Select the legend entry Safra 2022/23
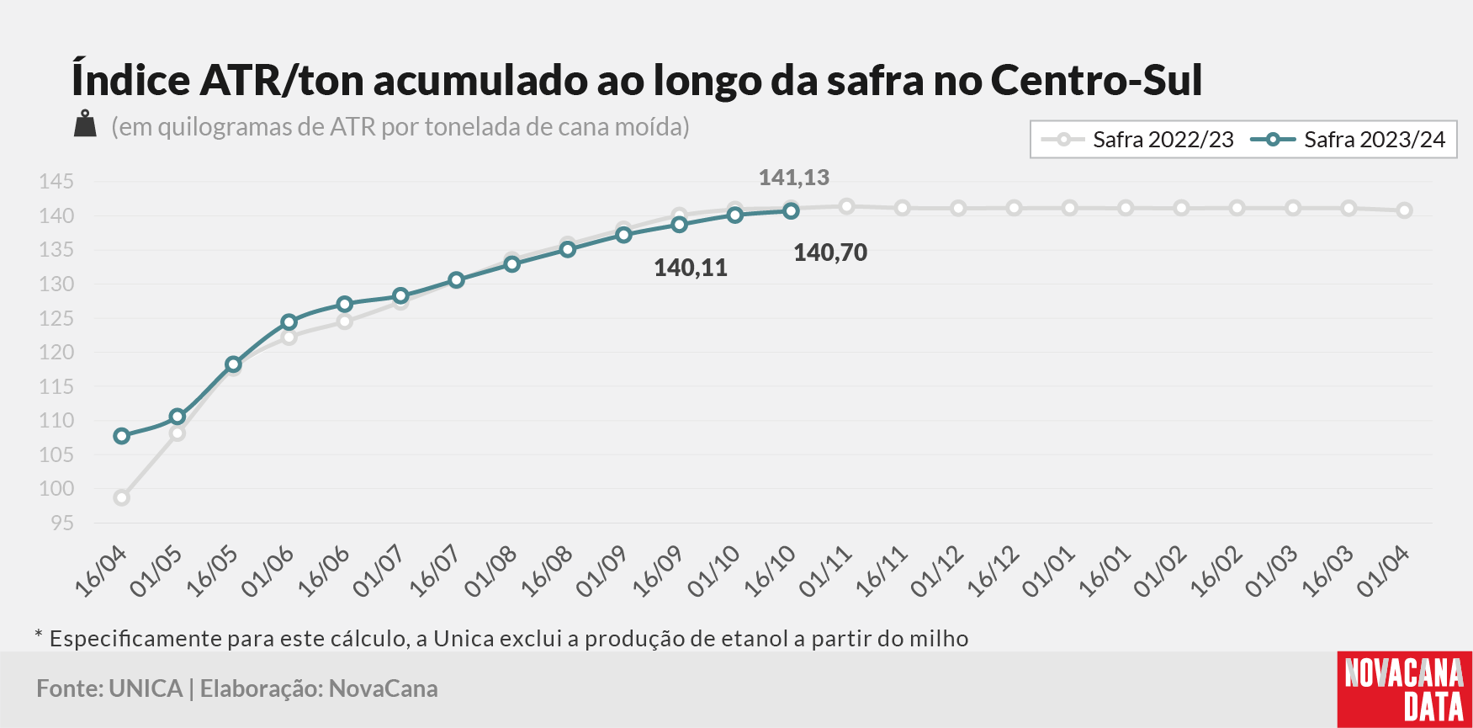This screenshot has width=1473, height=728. pos(1137,140)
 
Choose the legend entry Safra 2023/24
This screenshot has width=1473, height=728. pos(1348,140)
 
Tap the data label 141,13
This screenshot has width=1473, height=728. pos(793,178)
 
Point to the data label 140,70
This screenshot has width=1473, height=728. pos(830,252)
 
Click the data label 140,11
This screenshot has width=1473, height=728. pos(691,268)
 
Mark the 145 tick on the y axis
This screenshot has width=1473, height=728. pos(56,182)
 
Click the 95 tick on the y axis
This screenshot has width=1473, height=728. pos(62,523)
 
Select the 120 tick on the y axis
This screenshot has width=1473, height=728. pos(56,353)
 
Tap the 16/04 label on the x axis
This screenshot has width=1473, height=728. pos(101,571)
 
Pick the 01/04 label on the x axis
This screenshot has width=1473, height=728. pos(1383,571)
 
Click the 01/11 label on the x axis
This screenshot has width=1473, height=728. pos(825,571)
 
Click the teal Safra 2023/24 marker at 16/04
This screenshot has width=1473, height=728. pos(122,436)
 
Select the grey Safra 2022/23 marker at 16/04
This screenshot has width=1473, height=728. pos(122,497)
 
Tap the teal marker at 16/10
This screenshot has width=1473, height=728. pos(791,211)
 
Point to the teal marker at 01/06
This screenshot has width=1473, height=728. pos(289,322)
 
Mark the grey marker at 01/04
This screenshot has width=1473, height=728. pos(1404,210)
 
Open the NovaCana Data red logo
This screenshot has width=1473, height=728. pos(1404,689)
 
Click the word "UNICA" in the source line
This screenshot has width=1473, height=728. pos(146,688)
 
